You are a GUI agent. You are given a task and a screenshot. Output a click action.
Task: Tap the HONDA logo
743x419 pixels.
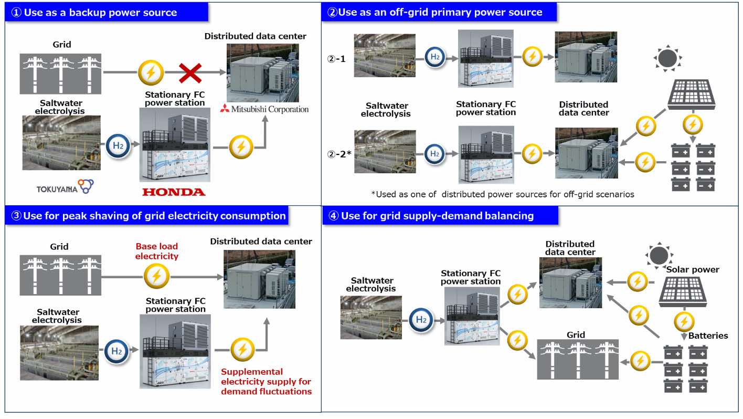coord(174,192)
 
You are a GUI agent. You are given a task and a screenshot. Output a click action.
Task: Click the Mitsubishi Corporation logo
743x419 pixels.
coord(264,109)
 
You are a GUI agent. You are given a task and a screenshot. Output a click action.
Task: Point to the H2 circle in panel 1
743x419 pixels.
coord(117,146)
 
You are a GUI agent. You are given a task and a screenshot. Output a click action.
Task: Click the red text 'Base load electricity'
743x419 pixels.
coord(157,251)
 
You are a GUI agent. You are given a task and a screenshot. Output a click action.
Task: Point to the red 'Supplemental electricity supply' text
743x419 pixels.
coord(266,381)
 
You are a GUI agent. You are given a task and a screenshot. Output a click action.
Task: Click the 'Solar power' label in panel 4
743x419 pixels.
coord(693,269)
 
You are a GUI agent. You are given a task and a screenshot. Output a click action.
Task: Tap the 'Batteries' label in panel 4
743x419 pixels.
coord(708,336)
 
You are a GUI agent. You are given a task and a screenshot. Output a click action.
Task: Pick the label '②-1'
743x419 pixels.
coord(337,59)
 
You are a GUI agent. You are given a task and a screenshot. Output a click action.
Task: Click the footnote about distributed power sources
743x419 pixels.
coord(503,194)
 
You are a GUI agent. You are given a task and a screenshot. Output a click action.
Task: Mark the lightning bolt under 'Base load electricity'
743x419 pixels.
coord(156,275)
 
